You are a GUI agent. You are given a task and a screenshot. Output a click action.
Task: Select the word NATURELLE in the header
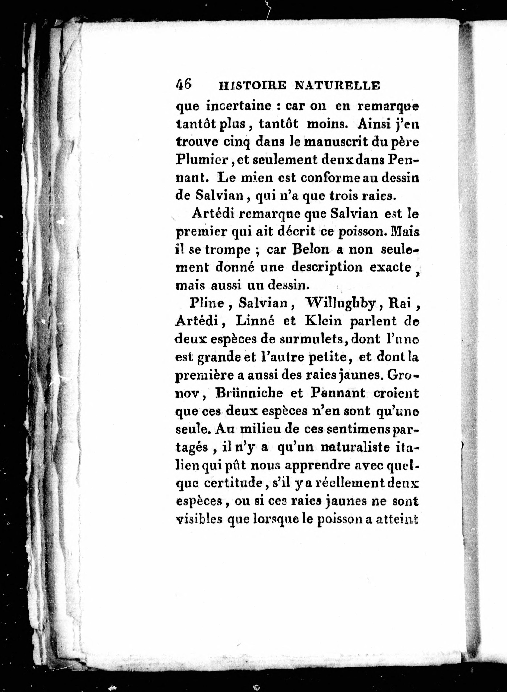coord(337,86)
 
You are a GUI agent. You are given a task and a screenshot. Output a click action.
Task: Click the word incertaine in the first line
coord(240,106)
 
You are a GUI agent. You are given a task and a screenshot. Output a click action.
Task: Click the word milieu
coord(260,429)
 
